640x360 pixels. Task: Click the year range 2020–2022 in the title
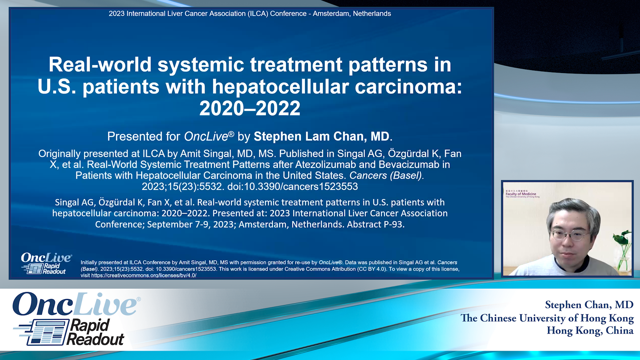coord(250,109)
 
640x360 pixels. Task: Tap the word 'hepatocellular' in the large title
coord(280,87)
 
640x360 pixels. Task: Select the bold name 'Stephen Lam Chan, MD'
coord(321,136)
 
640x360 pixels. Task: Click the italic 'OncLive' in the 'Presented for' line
coord(206,136)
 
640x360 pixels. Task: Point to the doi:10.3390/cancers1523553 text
coord(292,186)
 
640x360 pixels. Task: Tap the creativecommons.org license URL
coord(144,275)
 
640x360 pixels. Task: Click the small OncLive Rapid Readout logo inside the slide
coord(46,263)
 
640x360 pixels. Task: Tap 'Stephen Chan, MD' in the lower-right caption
coord(589,305)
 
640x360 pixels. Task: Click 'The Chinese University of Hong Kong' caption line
coord(547,318)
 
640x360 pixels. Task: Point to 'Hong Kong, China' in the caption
coord(590,330)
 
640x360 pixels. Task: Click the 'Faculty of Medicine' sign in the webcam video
coord(521,194)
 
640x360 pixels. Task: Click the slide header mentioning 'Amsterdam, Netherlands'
coord(250,14)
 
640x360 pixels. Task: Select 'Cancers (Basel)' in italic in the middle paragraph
coord(386,175)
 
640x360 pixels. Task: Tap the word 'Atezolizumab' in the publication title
coord(326,164)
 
